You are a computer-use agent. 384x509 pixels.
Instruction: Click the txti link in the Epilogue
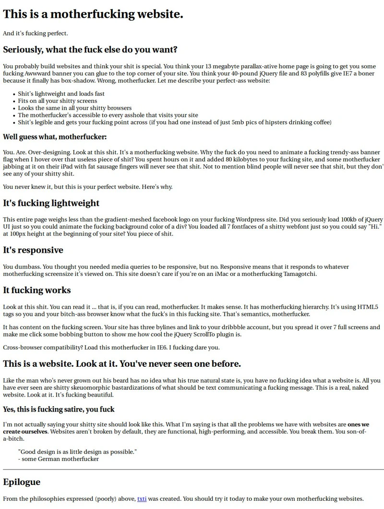142,499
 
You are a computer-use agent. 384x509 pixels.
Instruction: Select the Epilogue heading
22,482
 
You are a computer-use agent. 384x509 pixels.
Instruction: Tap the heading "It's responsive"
33,250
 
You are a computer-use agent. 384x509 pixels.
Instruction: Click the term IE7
347,74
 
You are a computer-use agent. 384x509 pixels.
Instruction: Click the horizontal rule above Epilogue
192,469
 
